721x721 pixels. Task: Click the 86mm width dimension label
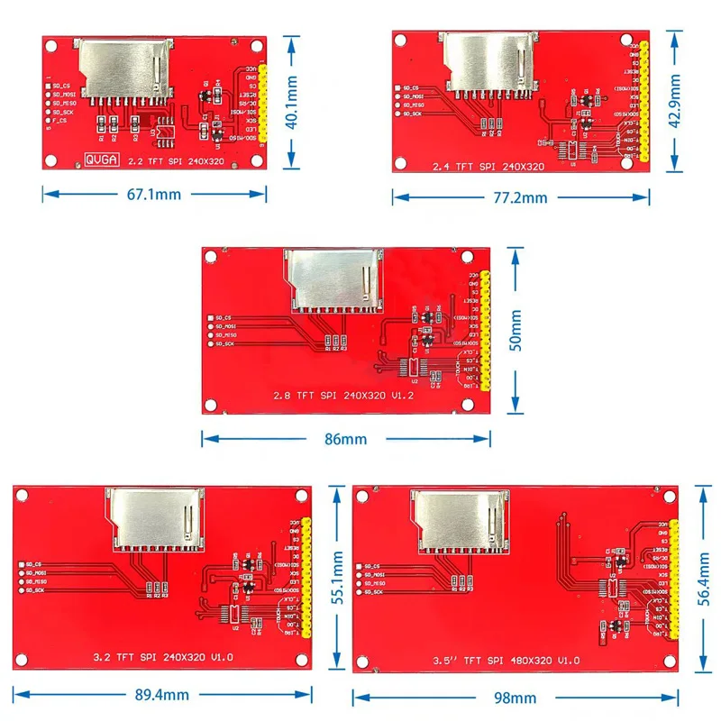click(x=346, y=439)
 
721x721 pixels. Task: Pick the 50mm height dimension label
click(x=515, y=330)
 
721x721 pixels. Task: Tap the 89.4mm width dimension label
click(x=161, y=694)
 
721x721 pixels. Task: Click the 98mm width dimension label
click(x=516, y=697)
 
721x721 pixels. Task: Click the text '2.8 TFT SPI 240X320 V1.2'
click(x=336, y=396)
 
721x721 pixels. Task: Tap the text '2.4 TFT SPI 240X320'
click(x=488, y=167)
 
